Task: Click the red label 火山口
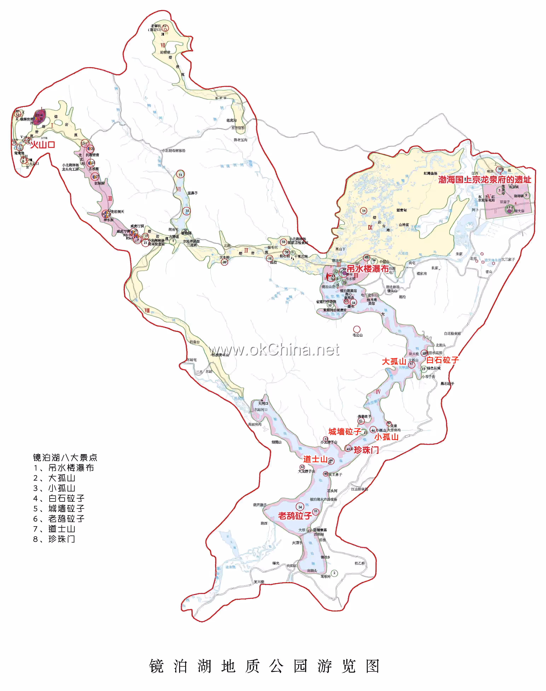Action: pyautogui.click(x=42, y=145)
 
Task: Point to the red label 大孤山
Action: pyautogui.click(x=394, y=361)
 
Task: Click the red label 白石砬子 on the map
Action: pyautogui.click(x=442, y=360)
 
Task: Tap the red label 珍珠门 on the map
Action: pyautogui.click(x=366, y=450)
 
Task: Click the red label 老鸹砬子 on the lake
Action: pyautogui.click(x=295, y=516)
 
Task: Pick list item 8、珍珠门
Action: pyautogui.click(x=54, y=539)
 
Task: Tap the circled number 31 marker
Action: pyautogui.click(x=180, y=175)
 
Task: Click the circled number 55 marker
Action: pyautogui.click(x=283, y=242)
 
